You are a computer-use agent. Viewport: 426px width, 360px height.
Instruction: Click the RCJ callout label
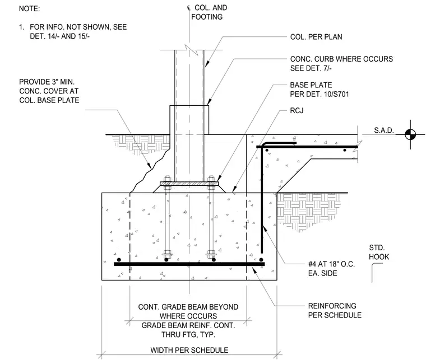click(x=297, y=111)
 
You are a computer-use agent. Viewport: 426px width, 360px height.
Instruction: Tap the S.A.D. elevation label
click(x=384, y=130)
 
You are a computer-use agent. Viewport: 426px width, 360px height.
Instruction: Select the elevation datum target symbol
click(x=410, y=134)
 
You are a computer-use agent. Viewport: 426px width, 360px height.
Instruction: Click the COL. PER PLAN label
click(x=316, y=37)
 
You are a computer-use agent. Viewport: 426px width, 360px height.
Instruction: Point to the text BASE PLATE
click(x=311, y=85)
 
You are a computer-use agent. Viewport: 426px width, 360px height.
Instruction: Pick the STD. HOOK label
click(x=379, y=253)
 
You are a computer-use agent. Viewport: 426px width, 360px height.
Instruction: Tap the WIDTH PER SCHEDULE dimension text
click(x=189, y=350)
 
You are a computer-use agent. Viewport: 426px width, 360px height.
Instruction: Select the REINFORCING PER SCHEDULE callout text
click(x=335, y=311)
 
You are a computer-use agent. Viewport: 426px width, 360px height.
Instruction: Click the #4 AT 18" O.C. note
click(x=331, y=264)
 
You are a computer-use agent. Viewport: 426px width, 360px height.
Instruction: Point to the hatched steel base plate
click(x=189, y=184)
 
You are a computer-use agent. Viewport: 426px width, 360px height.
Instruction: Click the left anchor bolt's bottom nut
click(x=168, y=254)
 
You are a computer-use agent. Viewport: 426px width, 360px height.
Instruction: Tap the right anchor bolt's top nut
click(x=211, y=179)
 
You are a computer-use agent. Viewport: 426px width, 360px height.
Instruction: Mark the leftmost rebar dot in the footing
click(x=119, y=260)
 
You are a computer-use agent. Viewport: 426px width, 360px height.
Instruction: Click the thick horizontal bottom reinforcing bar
click(x=189, y=264)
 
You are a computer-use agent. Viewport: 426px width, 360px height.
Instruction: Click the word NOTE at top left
click(x=29, y=9)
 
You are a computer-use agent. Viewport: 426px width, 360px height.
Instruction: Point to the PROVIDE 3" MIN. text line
click(x=47, y=82)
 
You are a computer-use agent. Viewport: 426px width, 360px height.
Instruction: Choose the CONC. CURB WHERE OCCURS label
click(x=341, y=59)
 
